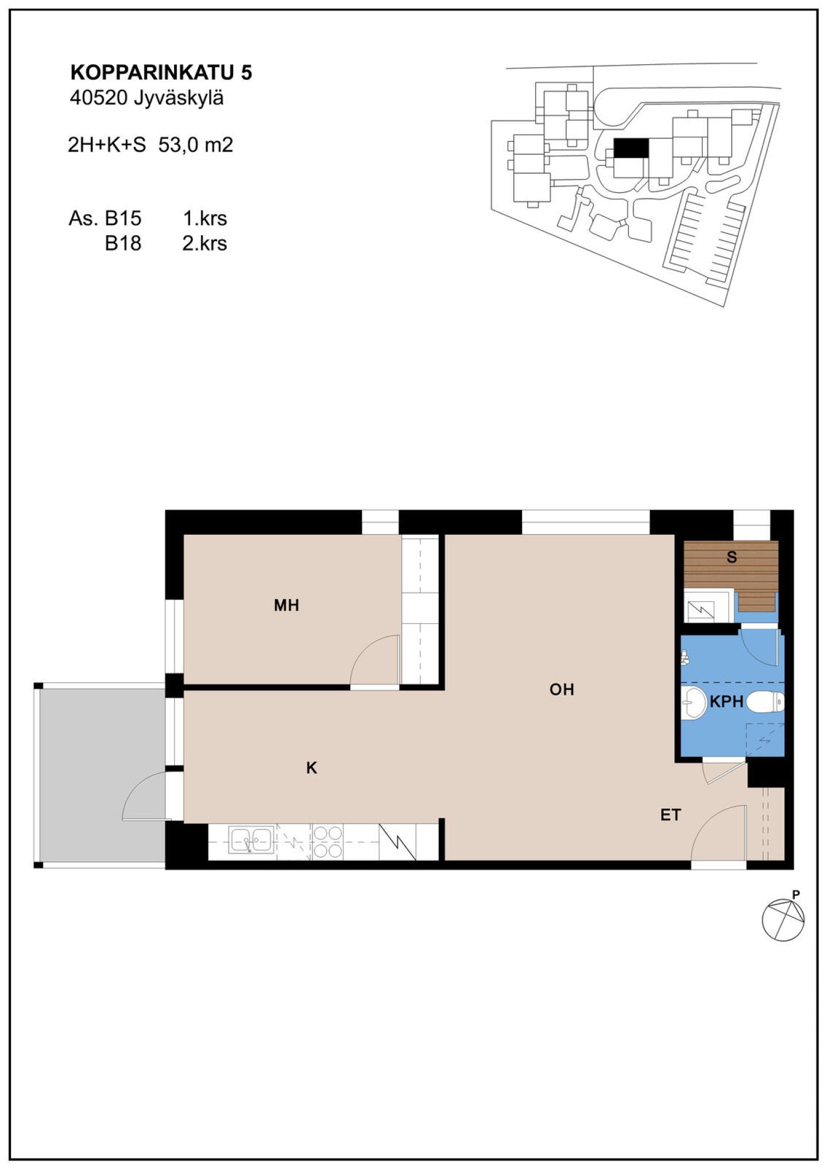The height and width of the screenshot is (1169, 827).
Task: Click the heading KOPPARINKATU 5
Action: [x=161, y=72]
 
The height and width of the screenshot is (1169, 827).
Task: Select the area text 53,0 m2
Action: [x=196, y=145]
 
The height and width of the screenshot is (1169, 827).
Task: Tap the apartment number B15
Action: [x=123, y=219]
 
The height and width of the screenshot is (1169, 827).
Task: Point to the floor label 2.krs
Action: [x=204, y=243]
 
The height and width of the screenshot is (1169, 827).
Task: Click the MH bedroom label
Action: [x=287, y=605]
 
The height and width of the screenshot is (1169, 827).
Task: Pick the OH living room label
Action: [x=562, y=689]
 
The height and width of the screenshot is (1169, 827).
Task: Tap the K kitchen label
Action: [x=312, y=768]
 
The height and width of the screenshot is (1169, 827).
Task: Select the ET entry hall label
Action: [x=670, y=815]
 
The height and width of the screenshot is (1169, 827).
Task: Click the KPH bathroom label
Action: [x=726, y=701]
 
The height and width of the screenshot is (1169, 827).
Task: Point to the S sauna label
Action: [x=732, y=557]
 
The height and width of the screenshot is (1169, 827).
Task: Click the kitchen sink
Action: [x=252, y=841]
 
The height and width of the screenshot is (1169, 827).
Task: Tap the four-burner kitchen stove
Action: [x=327, y=842]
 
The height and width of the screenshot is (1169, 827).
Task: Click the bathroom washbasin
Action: [x=694, y=702]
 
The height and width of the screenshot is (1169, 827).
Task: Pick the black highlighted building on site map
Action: [x=631, y=148]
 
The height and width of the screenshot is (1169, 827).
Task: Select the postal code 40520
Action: [x=98, y=98]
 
